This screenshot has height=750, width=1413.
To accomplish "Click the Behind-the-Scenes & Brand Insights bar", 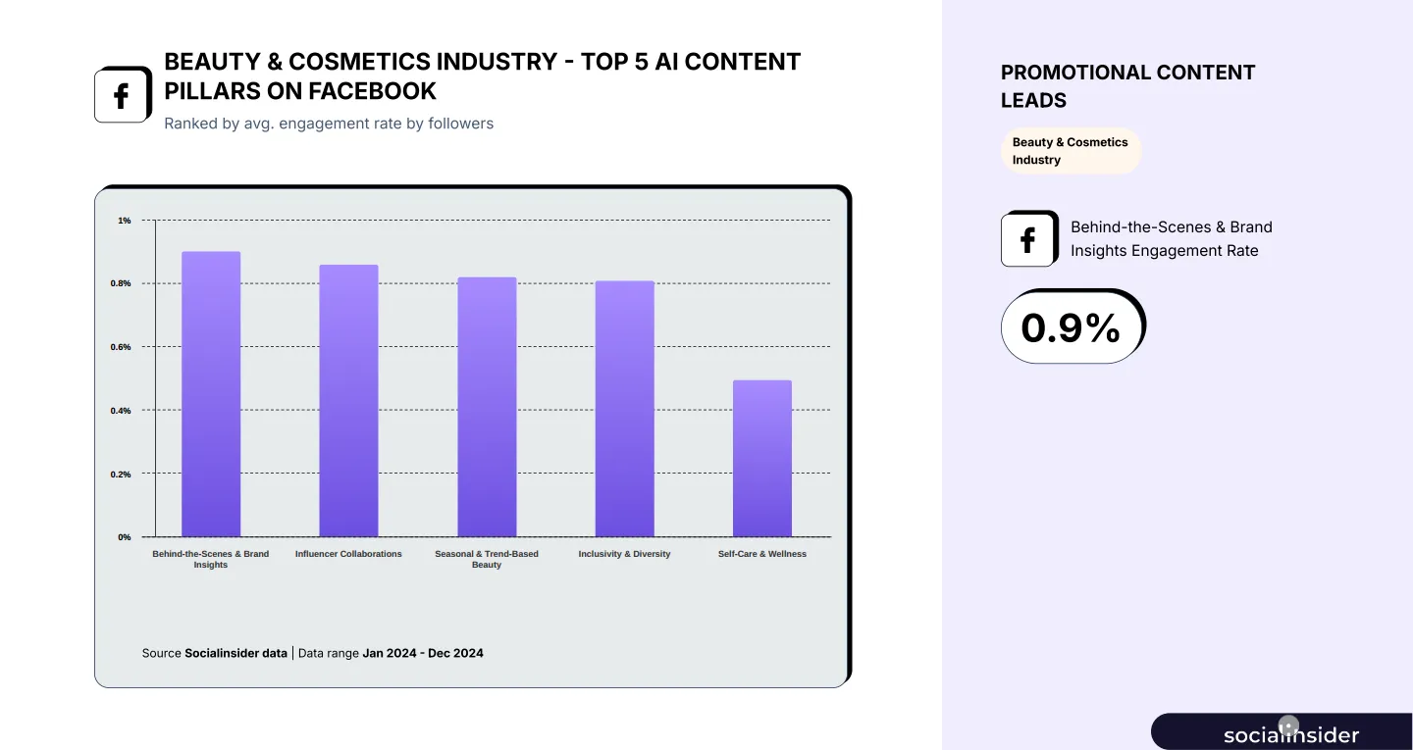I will (211, 394).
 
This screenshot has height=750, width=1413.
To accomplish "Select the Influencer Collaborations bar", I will (348, 401).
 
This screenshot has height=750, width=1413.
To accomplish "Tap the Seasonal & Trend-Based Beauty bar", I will (487, 407).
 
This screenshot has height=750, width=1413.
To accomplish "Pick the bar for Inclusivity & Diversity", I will (624, 409).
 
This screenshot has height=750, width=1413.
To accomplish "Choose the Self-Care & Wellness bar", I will (762, 459).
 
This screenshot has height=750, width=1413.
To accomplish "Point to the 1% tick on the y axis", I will (125, 221).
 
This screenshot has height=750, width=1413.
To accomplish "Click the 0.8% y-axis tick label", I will (121, 283).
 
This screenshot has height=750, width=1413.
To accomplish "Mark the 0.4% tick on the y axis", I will (121, 411).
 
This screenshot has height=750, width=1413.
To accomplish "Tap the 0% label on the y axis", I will (125, 537).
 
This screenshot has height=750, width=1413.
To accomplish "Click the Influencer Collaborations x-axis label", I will (348, 554).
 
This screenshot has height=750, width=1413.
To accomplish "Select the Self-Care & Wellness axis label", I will (762, 554).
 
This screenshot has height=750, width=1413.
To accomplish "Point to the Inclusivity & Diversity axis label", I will (624, 554).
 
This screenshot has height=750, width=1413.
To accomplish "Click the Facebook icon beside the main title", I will (122, 96).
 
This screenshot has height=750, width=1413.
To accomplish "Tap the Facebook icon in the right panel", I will (1028, 239).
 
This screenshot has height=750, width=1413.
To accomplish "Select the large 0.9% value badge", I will (1072, 327).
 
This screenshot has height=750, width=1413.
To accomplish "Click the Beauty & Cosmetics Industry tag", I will (1071, 151).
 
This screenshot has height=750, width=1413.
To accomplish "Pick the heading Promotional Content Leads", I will (1127, 86).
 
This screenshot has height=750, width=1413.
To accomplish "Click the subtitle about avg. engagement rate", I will (329, 124).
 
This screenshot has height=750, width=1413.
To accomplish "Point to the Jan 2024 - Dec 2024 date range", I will (423, 653).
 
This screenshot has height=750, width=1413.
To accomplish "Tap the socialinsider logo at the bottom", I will (1290, 734).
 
